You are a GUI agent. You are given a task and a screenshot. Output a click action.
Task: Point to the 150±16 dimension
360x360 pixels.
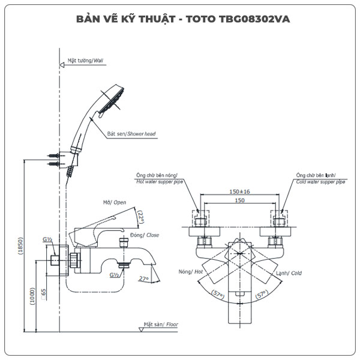tap(239, 191)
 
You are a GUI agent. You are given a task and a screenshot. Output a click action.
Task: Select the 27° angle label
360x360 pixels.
tap(143, 278)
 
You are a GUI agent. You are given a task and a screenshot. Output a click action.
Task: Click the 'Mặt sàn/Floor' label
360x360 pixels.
tap(161, 325)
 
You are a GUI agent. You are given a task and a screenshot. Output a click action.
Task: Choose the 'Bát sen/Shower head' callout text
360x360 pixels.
tap(131, 134)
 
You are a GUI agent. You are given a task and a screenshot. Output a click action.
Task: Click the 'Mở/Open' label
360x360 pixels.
tap(115, 203)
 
